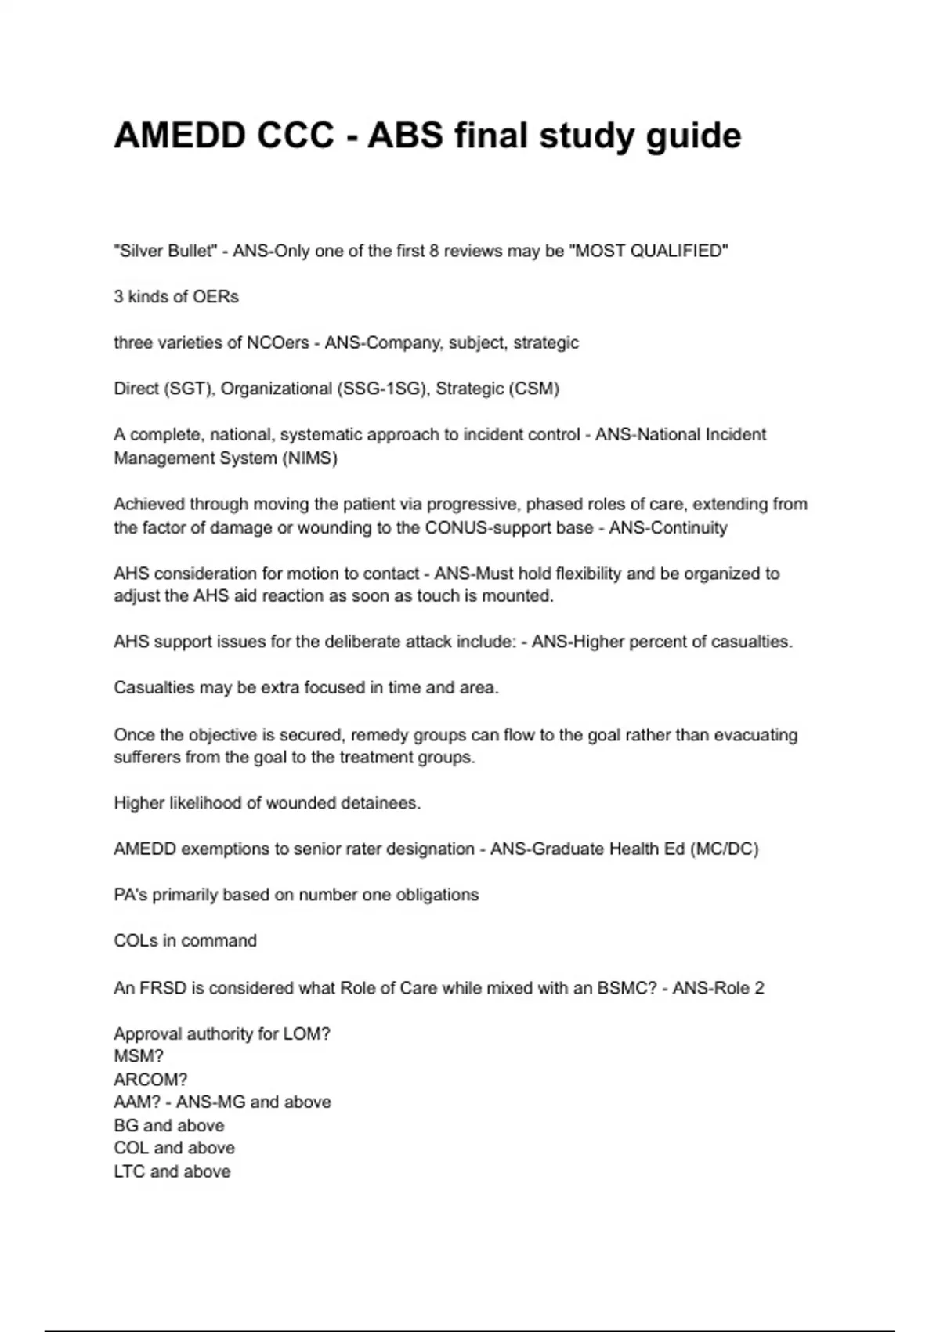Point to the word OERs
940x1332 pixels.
[216, 297]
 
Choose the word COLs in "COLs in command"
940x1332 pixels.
[136, 940]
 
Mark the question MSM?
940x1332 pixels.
[139, 1056]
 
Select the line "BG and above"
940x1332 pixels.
[169, 1125]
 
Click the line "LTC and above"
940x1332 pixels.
[172, 1171]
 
